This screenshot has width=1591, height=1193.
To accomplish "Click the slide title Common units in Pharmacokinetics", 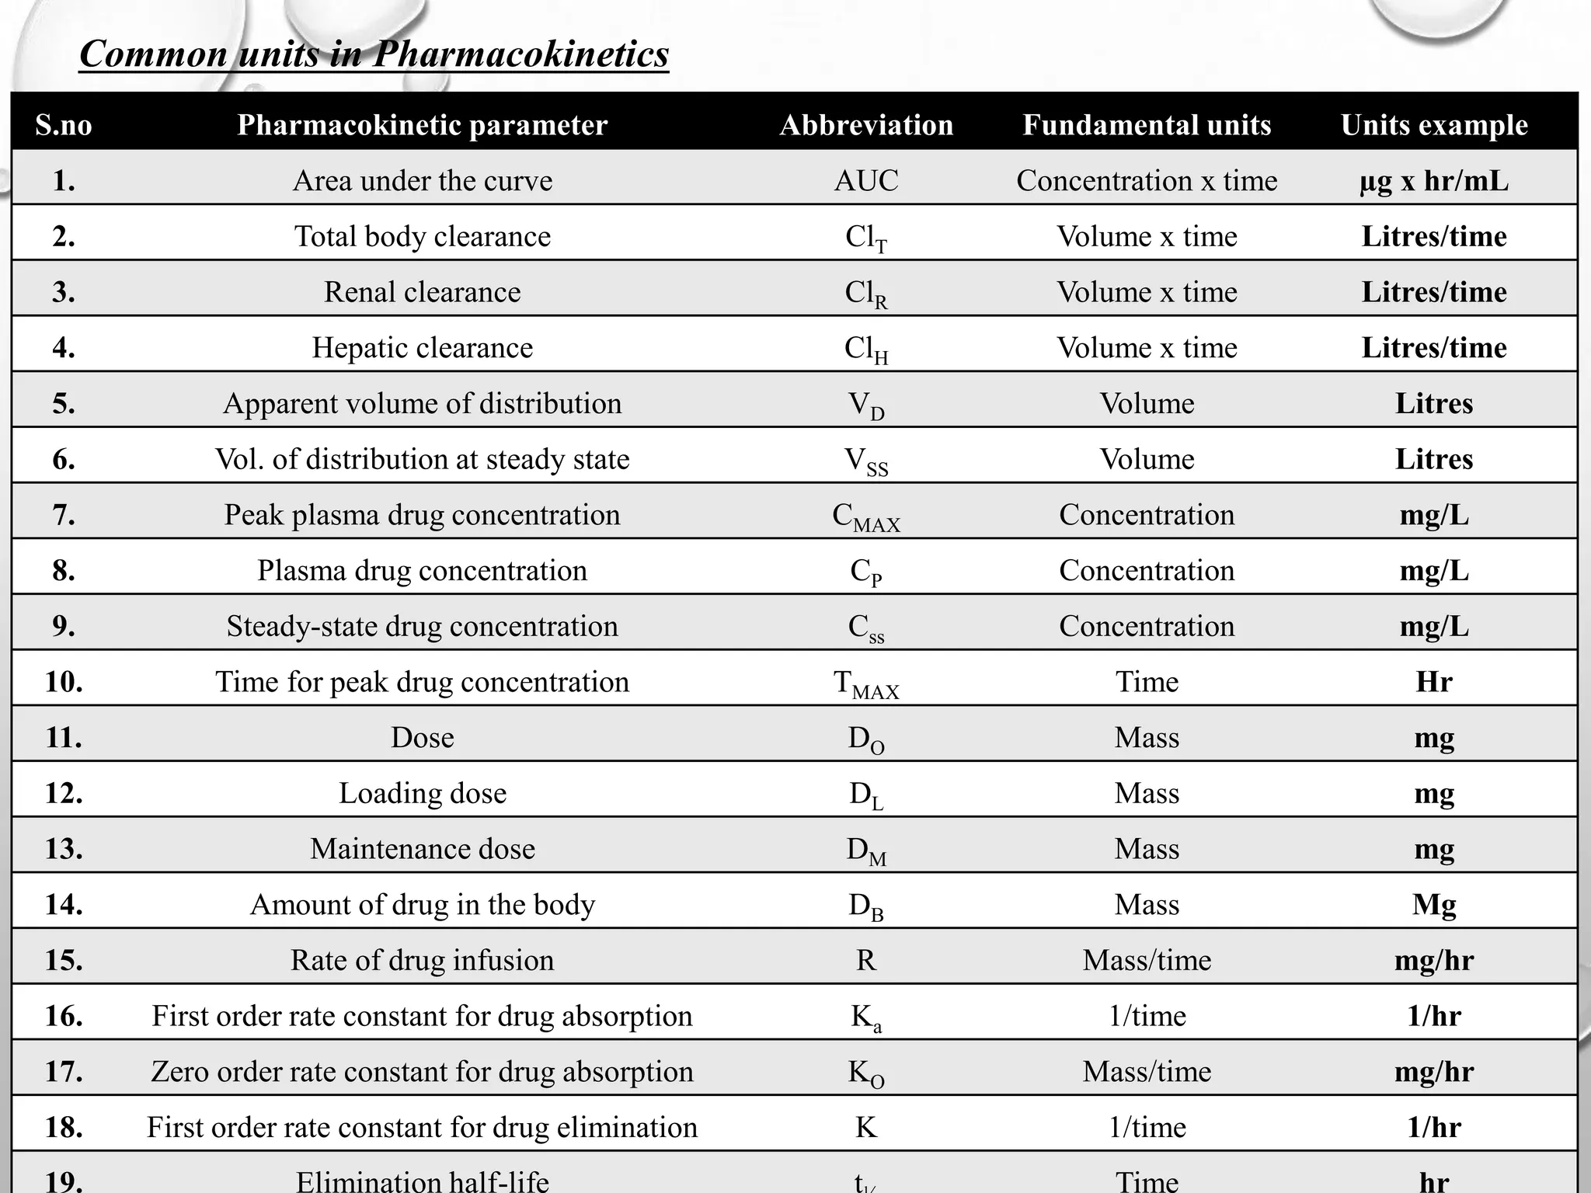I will [x=374, y=54].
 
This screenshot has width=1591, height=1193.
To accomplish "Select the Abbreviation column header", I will [x=866, y=125].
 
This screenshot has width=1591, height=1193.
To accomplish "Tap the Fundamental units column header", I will [x=1147, y=125].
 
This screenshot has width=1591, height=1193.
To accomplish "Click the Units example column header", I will [x=1434, y=125].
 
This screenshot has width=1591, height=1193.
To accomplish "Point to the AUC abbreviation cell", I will [x=866, y=181].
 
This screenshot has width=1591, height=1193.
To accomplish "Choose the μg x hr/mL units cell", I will [x=1434, y=181].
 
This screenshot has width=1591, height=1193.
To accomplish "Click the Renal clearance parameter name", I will [x=422, y=292].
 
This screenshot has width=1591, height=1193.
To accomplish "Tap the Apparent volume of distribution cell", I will [x=422, y=404].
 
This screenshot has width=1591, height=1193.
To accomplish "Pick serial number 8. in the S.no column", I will [x=64, y=571].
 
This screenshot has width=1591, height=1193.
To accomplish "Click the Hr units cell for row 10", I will [x=1434, y=682].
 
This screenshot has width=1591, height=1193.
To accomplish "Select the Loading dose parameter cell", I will [x=422, y=793].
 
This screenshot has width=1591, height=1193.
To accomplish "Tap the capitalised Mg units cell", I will [x=1434, y=905].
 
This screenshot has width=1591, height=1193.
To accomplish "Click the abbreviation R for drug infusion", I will [x=866, y=961].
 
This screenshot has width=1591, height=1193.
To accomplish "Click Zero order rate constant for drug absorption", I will [x=422, y=1072].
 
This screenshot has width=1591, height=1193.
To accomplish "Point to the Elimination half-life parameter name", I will [x=422, y=1181].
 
